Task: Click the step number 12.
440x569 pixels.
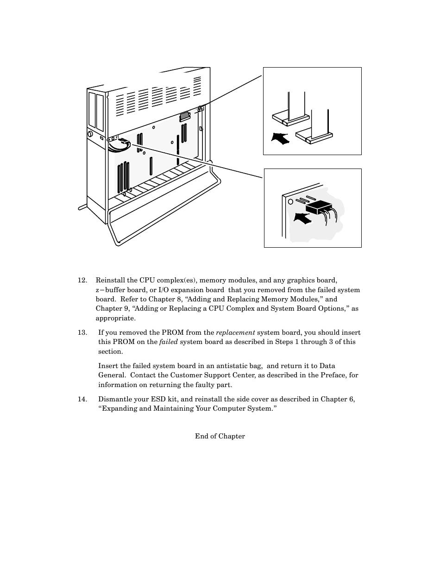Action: click(x=82, y=281)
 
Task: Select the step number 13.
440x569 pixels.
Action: click(x=82, y=333)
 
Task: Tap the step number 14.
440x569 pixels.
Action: click(x=82, y=400)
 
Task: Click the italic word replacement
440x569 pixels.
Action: click(x=235, y=333)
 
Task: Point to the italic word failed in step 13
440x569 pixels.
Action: click(x=168, y=342)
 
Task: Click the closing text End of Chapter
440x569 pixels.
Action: click(x=220, y=436)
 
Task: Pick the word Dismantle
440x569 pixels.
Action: click(x=114, y=400)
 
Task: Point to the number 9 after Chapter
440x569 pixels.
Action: click(x=126, y=309)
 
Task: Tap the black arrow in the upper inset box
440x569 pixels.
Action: click(x=280, y=138)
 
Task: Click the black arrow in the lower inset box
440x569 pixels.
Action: click(x=302, y=218)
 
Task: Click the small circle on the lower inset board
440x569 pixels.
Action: click(x=291, y=202)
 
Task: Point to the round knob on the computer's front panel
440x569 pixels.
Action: click(x=90, y=134)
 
